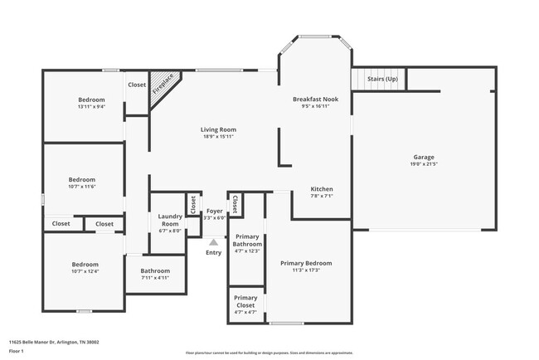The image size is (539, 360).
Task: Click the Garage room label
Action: [x=424, y=157]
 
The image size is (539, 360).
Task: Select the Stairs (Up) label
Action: [x=382, y=79]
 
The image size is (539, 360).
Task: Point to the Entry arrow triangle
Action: [x=213, y=242]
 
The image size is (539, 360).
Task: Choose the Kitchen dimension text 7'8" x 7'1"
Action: [x=322, y=197]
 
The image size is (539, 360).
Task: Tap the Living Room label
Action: [x=218, y=129]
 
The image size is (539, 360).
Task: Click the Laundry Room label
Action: [x=170, y=221]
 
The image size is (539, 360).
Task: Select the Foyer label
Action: [x=214, y=212]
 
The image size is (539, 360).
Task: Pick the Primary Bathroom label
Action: [x=246, y=241]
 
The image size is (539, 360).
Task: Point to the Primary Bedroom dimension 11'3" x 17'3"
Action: [x=306, y=270]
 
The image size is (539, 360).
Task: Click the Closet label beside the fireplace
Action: [x=137, y=85]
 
